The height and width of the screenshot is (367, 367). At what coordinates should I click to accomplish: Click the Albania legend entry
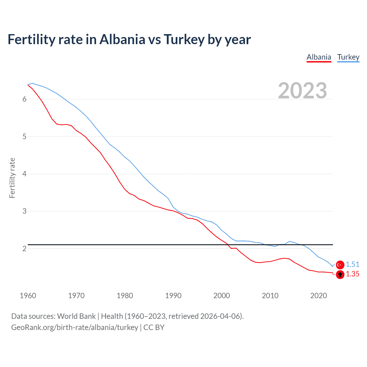[x=319, y=57]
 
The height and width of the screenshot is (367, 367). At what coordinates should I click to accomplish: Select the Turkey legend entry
[x=348, y=57]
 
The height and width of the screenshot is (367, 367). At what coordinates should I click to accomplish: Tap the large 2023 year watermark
[x=302, y=91]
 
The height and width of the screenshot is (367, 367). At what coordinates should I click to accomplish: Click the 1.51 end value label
[x=352, y=264]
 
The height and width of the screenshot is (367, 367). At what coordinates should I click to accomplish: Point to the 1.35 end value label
[x=352, y=274]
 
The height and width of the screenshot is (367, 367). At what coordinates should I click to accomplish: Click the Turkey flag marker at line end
[x=340, y=265]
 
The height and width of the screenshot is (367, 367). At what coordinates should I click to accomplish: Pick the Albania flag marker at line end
[x=340, y=275]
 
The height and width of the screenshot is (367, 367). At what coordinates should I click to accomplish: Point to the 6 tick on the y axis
[x=24, y=99]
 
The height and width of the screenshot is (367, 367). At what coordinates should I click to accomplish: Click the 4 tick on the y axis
[x=24, y=174]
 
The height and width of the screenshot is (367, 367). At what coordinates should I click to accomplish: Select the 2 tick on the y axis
[x=24, y=249]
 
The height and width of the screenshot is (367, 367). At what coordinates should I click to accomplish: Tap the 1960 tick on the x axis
[x=28, y=296]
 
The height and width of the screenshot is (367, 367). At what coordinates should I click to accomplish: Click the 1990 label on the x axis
[x=173, y=296]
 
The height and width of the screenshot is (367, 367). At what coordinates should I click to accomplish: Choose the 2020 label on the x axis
[x=319, y=296]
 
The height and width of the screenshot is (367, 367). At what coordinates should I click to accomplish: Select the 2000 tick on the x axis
[x=222, y=296]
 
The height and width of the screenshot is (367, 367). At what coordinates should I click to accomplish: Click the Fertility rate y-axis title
[x=12, y=178]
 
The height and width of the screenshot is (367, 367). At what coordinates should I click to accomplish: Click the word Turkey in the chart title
[x=184, y=39]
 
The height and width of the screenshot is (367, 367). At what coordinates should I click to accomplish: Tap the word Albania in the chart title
[x=122, y=39]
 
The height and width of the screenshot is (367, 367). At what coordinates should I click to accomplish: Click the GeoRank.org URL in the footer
[x=75, y=327]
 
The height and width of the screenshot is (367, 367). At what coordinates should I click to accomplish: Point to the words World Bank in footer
[x=76, y=316]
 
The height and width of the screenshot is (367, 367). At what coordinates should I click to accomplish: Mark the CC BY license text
[x=154, y=327]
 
